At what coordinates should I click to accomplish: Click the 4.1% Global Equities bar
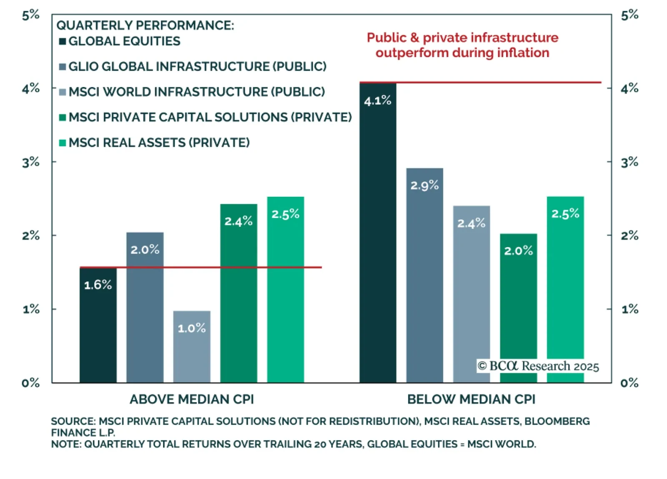[x=378, y=233]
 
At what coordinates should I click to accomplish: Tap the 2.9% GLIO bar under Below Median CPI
[x=424, y=275]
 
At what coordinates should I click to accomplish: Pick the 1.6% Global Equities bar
[x=98, y=325]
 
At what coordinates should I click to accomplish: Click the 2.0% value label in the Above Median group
[x=145, y=250]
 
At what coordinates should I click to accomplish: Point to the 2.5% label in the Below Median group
[x=565, y=214]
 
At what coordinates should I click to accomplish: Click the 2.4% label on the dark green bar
[x=238, y=221]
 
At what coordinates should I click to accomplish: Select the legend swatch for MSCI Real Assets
[x=63, y=143]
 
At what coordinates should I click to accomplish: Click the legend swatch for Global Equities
[x=63, y=41]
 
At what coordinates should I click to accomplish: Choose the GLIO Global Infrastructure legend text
[x=197, y=67]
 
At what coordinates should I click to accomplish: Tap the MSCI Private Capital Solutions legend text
[x=210, y=117]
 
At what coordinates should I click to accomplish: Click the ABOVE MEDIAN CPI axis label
[x=192, y=399]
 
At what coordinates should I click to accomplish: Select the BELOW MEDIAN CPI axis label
[x=471, y=399]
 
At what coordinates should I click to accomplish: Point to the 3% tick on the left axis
[x=31, y=162]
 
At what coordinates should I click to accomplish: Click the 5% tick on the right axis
[x=629, y=15]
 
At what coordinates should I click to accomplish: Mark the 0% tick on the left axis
[x=31, y=383]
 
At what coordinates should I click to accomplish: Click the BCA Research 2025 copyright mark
[x=538, y=366]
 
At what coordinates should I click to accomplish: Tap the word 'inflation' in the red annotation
[x=525, y=53]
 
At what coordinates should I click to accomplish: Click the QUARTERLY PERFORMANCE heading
[x=145, y=25]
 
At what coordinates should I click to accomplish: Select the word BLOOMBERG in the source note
[x=557, y=421]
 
